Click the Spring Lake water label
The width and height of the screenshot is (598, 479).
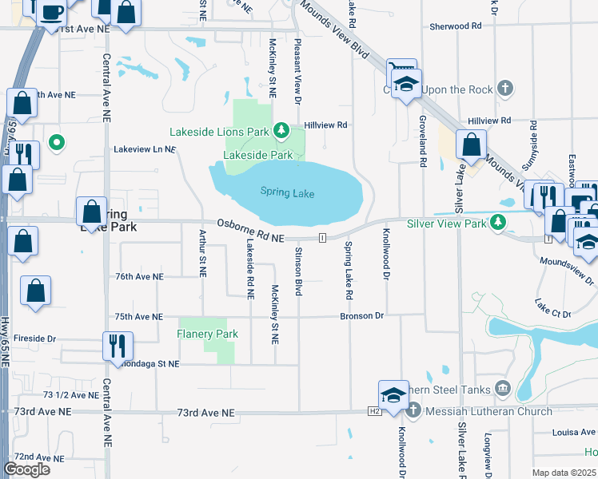pos(287,193)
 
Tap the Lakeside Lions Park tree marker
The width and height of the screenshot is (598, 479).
pos(281,130)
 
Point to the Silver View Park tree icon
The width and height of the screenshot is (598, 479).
pos(499,221)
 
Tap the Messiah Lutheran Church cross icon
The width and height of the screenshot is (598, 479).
pos(413,410)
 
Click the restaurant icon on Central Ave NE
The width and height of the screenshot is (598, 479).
pos(116,345)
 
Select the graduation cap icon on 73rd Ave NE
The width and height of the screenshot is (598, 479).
pos(393,395)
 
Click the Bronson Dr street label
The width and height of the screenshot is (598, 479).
pos(362,316)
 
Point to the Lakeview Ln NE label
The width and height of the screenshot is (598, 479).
pos(144,149)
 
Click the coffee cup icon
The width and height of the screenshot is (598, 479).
pos(53,11)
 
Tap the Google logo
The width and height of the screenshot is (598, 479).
pos(26,469)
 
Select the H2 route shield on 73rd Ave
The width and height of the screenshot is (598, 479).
pos(374,411)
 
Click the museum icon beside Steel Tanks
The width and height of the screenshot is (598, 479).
pos(502,388)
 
